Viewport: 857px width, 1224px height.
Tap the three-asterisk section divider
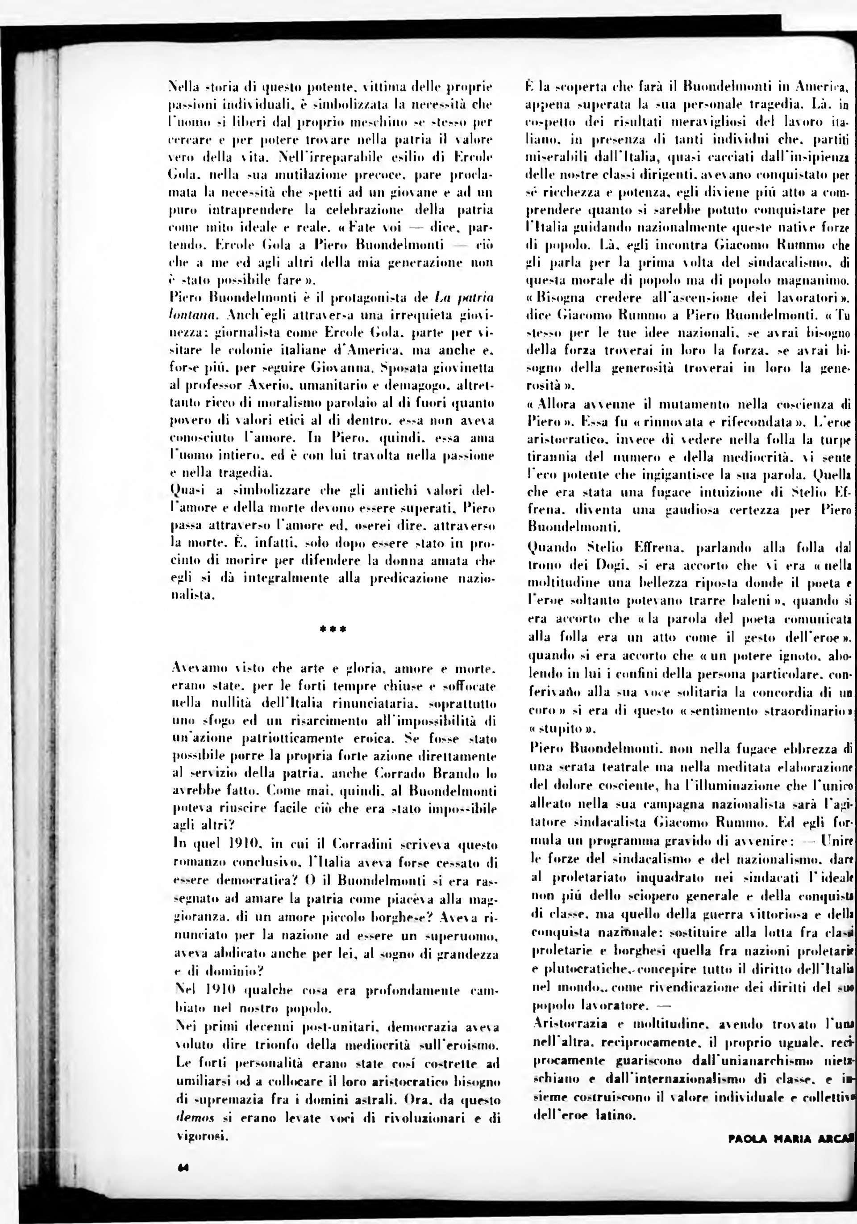click(x=333, y=629)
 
